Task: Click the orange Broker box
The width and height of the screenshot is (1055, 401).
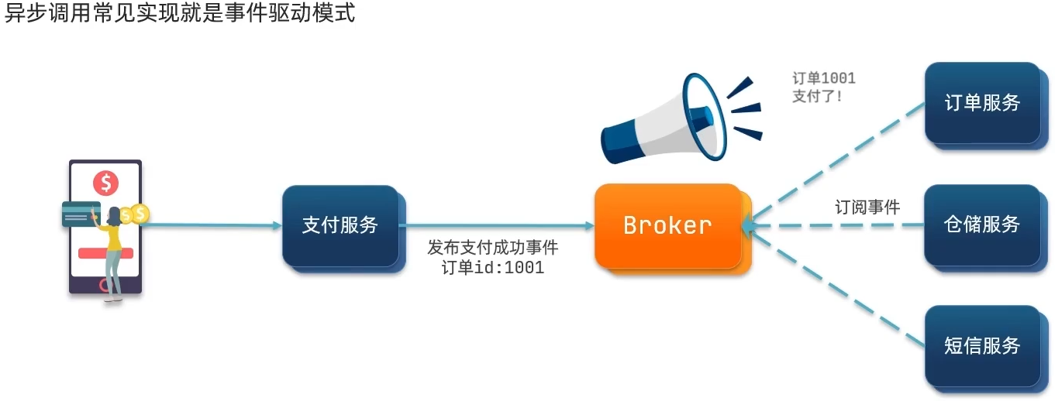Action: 667,225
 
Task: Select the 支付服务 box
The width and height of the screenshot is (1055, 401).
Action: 340,225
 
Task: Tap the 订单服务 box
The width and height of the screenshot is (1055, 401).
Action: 982,103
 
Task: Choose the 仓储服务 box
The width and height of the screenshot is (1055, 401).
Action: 982,225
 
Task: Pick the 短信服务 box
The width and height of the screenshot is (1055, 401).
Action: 982,346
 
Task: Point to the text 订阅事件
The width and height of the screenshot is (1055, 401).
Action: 867,207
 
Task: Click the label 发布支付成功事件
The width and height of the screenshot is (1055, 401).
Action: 493,248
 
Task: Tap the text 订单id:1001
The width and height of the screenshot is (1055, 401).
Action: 493,268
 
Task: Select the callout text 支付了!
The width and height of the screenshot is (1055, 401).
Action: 817,97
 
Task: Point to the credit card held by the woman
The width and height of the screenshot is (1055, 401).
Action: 77,214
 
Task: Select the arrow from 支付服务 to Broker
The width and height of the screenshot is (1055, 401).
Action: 496,225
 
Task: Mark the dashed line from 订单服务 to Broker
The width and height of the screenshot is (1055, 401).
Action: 837,163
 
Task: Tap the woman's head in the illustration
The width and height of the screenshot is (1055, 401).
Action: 114,214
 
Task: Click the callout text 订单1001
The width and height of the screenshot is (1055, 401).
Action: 823,78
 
